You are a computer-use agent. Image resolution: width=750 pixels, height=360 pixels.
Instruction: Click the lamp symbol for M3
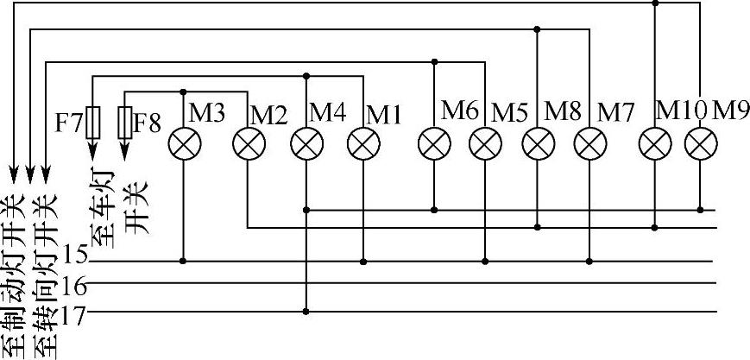pos(183,144)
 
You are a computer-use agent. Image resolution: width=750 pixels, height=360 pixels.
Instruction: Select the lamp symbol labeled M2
pos(248,144)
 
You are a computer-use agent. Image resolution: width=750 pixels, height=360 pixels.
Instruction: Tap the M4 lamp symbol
pos(306,144)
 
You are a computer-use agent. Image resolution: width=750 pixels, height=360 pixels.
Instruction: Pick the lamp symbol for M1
pos(363,144)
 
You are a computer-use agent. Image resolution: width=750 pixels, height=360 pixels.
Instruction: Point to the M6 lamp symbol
pos(433,144)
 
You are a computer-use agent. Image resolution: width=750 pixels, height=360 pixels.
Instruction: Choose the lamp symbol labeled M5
pos(485,144)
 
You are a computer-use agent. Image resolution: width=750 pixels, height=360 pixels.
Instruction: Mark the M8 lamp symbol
pos(539,144)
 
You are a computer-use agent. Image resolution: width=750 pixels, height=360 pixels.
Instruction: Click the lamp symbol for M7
pos(589,144)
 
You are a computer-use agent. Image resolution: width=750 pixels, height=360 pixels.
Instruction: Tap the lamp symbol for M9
pos(701,144)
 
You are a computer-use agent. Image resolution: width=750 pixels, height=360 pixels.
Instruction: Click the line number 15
pos(76,257)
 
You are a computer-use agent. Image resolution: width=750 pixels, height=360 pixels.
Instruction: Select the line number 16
pos(76,285)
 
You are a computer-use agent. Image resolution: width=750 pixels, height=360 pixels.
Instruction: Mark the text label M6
pos(459,110)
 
